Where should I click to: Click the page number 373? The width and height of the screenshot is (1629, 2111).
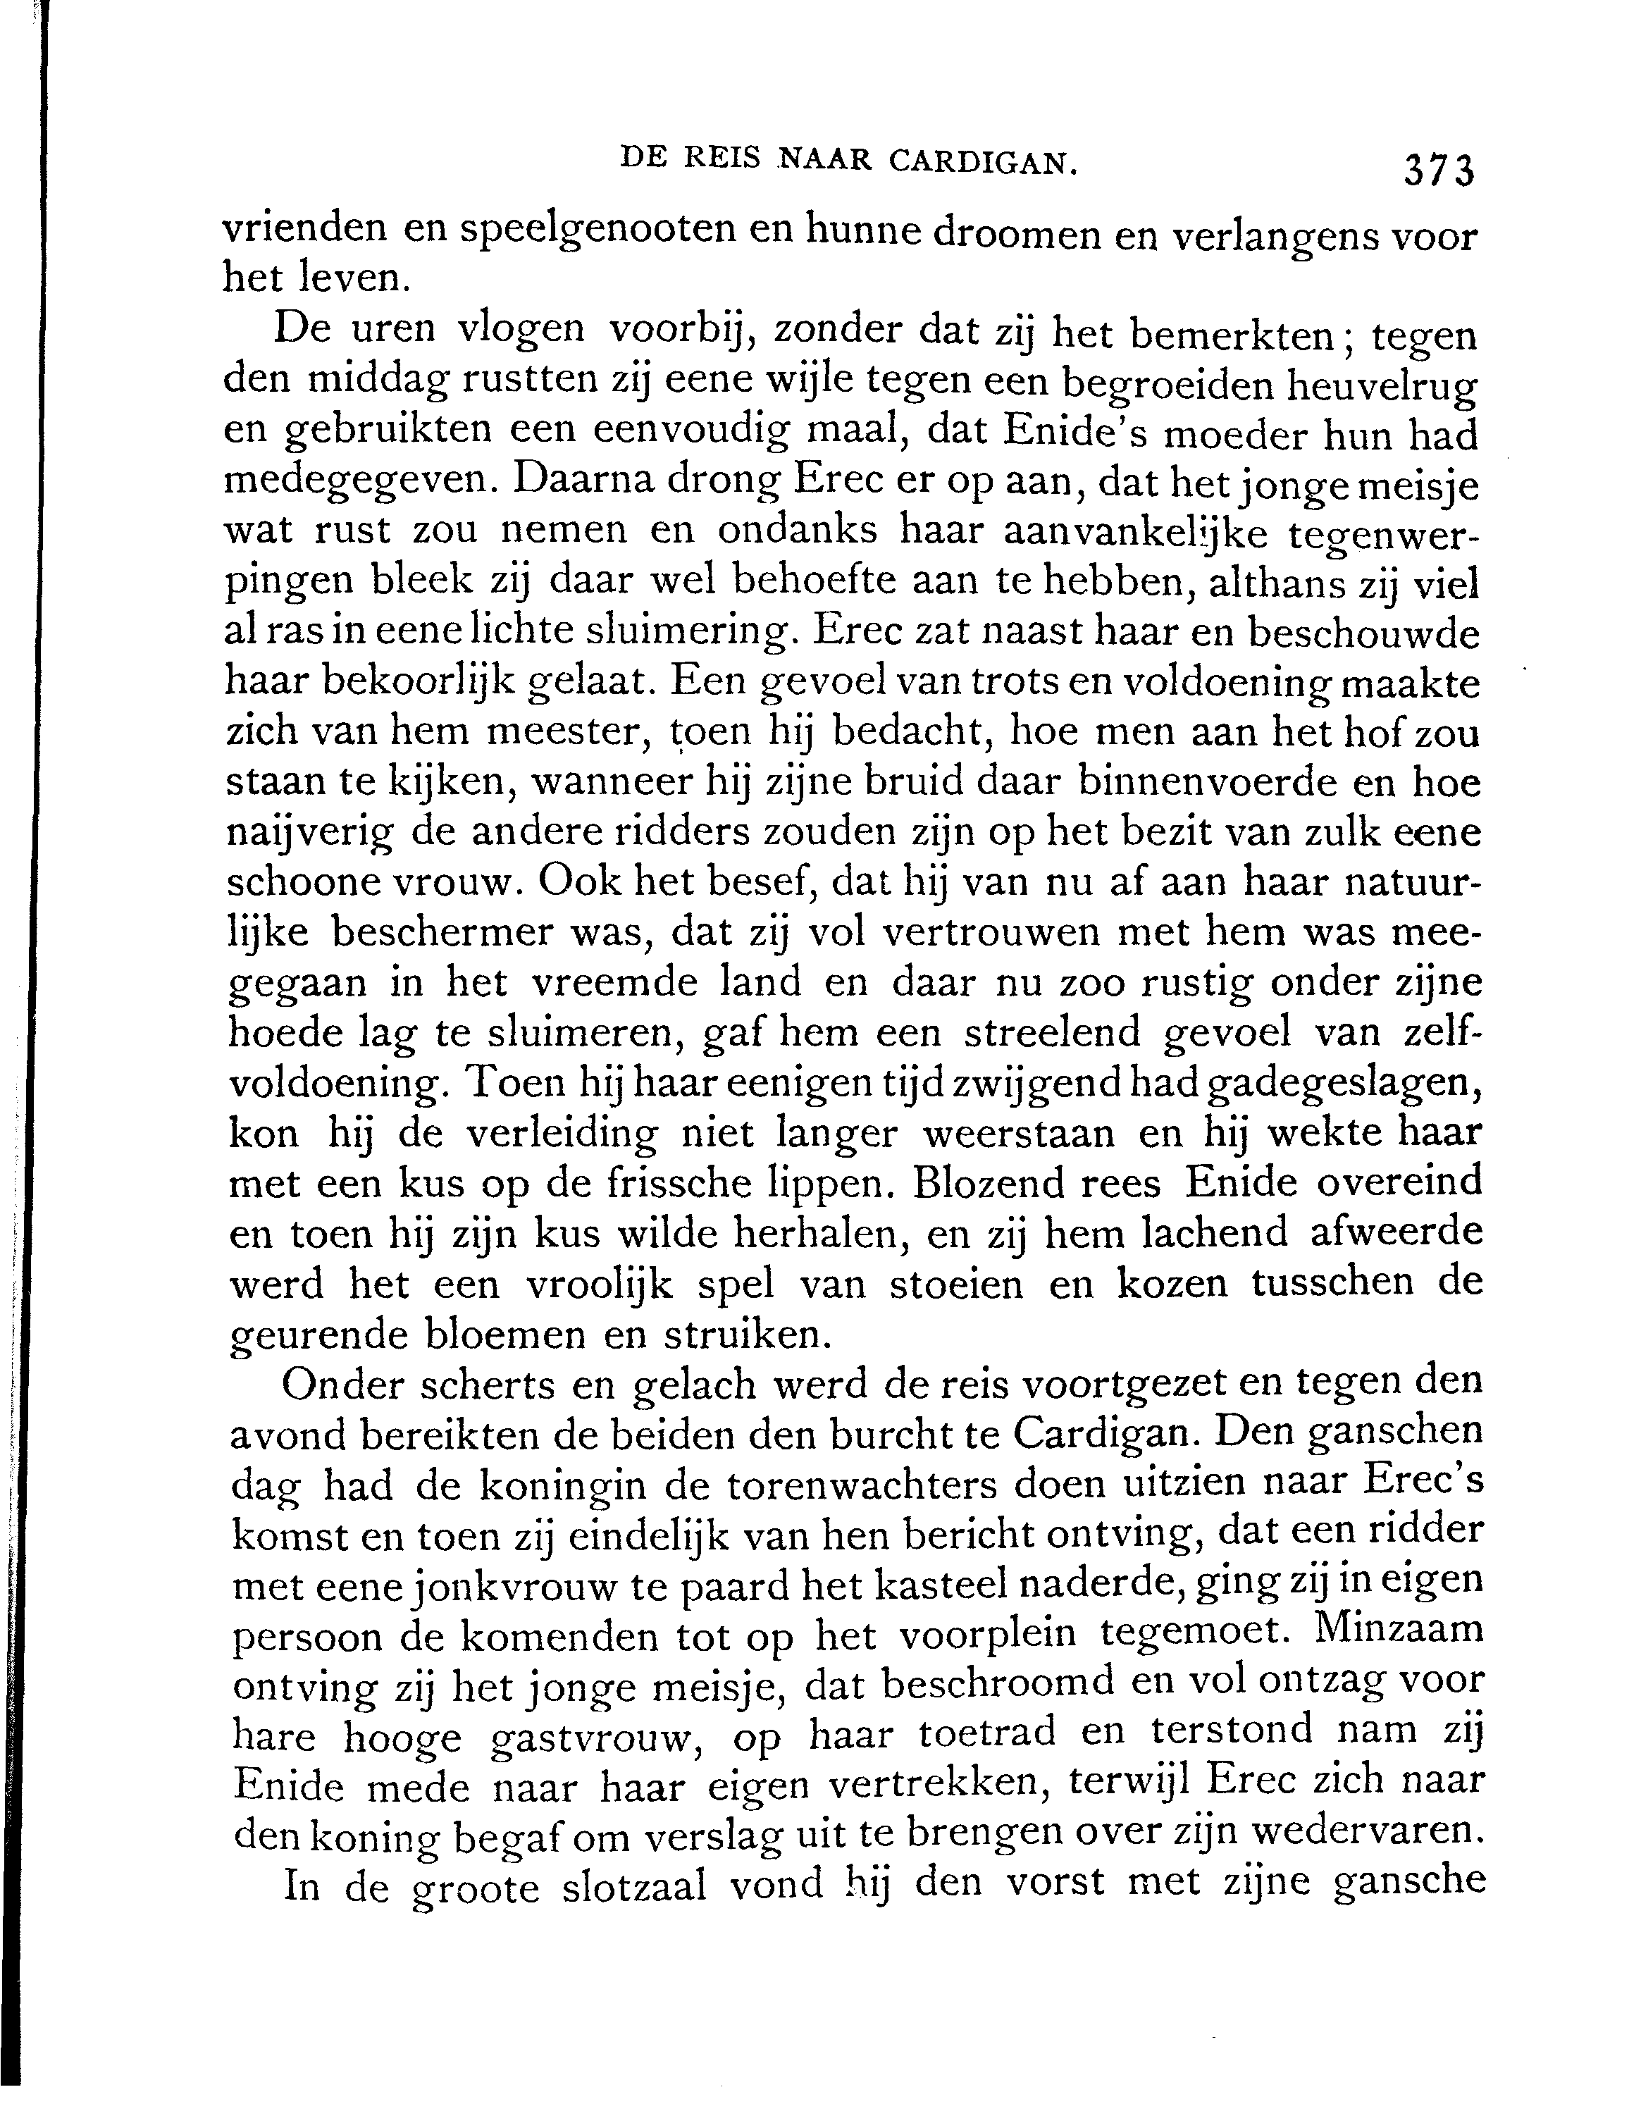1439,171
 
